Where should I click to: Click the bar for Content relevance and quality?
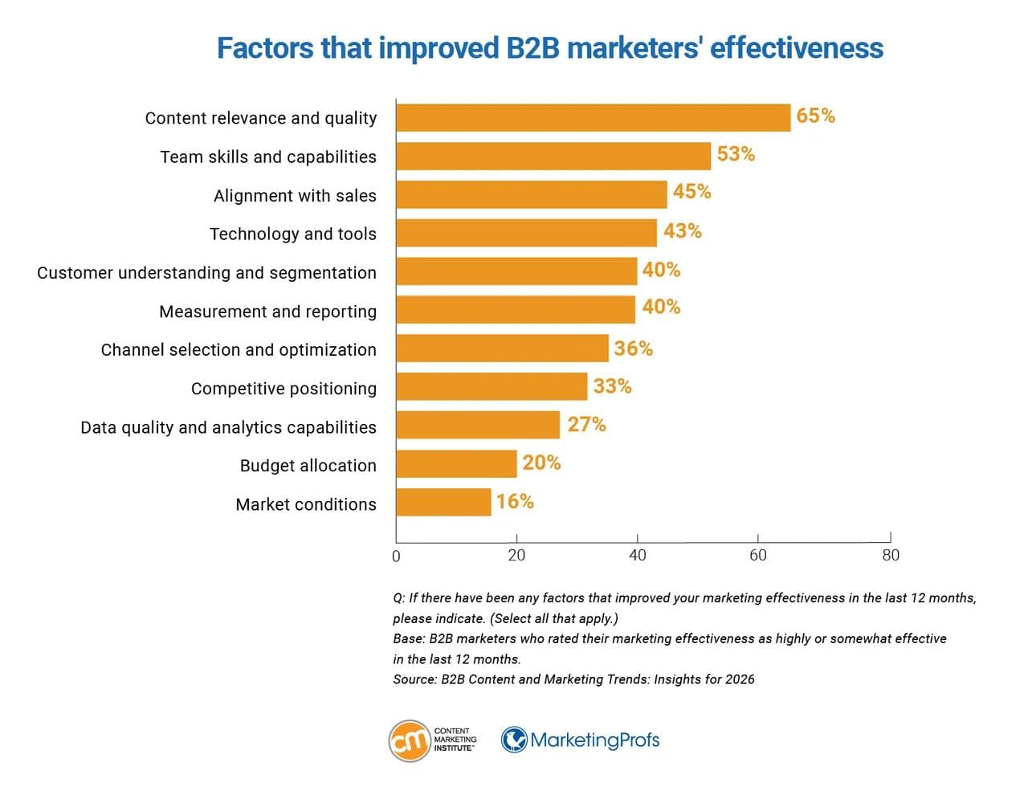click(593, 118)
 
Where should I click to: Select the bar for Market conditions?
click(443, 503)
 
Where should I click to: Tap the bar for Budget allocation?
click(456, 464)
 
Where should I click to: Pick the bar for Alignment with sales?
click(531, 195)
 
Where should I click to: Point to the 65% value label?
click(815, 116)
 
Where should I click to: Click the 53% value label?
click(736, 154)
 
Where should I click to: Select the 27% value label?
click(586, 425)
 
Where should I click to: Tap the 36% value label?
click(633, 349)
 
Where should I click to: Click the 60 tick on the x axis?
click(757, 555)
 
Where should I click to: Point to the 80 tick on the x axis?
click(890, 555)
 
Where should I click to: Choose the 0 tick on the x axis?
click(396, 556)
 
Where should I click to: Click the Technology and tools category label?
click(292, 234)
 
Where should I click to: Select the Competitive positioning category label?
click(284, 389)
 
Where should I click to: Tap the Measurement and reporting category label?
click(267, 312)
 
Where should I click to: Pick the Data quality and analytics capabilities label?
click(228, 427)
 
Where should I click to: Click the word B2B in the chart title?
click(534, 48)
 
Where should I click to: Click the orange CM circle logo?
click(409, 740)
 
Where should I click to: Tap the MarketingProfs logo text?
click(594, 740)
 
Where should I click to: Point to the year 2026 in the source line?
click(740, 679)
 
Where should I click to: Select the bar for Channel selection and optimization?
click(502, 349)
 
